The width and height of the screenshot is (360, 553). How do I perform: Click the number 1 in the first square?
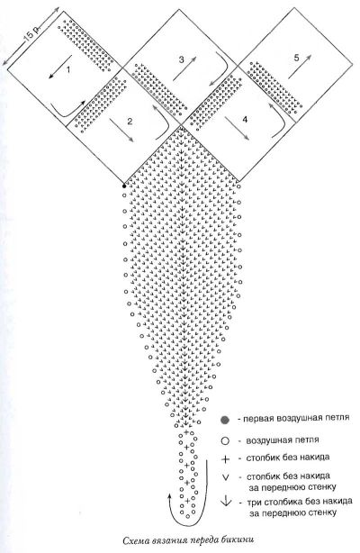pyautogui.click(x=68, y=69)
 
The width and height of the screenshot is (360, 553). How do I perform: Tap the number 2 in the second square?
pyautogui.click(x=130, y=122)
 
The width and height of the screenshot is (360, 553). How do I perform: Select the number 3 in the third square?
pyautogui.click(x=181, y=59)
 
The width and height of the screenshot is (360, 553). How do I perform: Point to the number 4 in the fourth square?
pyautogui.click(x=245, y=119)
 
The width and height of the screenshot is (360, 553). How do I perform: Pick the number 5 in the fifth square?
pyautogui.click(x=296, y=58)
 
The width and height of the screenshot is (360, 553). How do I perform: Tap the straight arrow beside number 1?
pyautogui.click(x=60, y=67)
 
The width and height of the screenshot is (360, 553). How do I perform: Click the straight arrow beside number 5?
pyautogui.click(x=300, y=67)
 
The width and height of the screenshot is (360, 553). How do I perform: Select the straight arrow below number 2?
pyautogui.click(x=121, y=130)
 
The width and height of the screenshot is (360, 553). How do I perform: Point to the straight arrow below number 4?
pyautogui.click(x=237, y=129)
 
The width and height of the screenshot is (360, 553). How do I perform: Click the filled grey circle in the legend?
pyautogui.click(x=225, y=420)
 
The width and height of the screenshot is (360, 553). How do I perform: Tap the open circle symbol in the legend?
pyautogui.click(x=225, y=440)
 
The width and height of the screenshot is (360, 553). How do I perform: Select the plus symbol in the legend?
pyautogui.click(x=225, y=459)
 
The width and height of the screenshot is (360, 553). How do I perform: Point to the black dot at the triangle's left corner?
pyautogui.click(x=124, y=186)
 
